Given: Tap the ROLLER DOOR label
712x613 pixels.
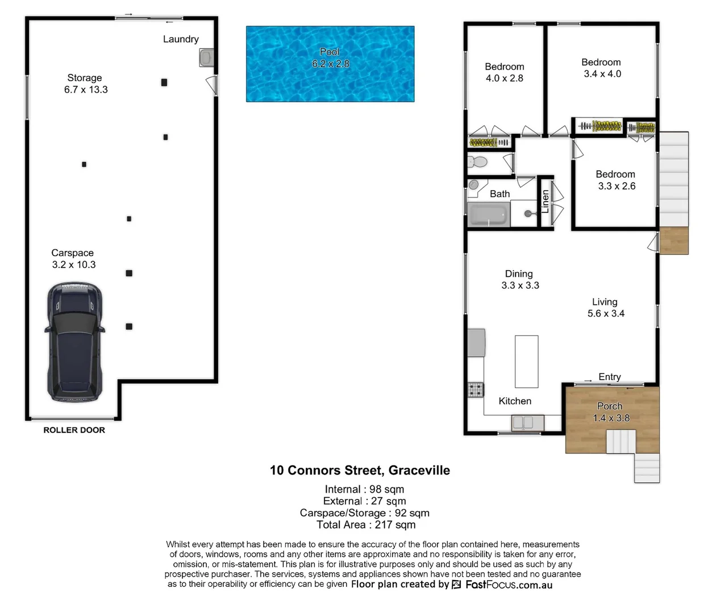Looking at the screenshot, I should tap(74, 430).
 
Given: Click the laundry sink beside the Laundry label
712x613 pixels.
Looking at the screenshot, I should tap(206, 58).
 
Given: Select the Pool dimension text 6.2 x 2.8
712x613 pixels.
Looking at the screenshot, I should tap(330, 64).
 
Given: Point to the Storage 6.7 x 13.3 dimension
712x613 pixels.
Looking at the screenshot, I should tap(86, 90).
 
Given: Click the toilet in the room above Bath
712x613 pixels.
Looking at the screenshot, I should tap(478, 162).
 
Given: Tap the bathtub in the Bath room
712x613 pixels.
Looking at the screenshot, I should tap(488, 215).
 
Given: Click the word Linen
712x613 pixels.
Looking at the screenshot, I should tap(545, 201).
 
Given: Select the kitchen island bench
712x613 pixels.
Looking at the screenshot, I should tap(526, 361).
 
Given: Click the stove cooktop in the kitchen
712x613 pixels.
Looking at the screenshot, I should tap(475, 390).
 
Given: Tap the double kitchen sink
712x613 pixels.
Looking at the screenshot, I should tap(527, 423).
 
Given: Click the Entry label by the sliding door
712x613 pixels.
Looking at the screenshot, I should tap(609, 377).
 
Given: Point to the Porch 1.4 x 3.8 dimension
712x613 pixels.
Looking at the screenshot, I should tap(611, 418).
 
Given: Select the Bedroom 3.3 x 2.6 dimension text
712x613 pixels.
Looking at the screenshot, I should tap(617, 186).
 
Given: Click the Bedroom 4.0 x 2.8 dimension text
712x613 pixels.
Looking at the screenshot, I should tap(504, 78).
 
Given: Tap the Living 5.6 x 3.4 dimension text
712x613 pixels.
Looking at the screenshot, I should tap(606, 313).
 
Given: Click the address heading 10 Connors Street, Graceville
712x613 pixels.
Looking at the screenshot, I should tap(360, 471).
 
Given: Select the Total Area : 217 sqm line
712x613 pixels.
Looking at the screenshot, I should tap(366, 525).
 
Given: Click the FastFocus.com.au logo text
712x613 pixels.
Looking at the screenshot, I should tap(509, 585).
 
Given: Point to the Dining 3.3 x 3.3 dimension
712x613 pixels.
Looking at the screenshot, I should tap(520, 285).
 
